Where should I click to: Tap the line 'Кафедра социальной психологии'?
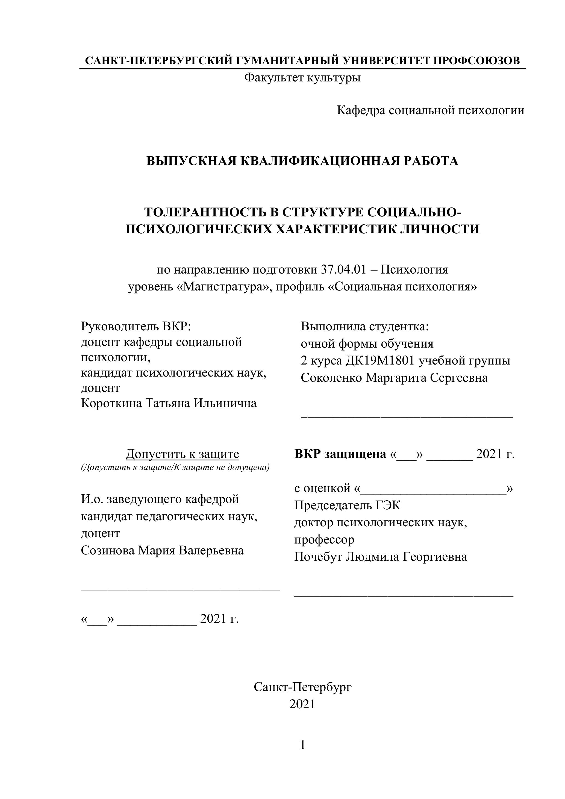430,110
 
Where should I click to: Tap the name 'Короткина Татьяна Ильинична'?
169,403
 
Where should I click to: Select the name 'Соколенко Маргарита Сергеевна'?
394,378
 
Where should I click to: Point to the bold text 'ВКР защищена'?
340,454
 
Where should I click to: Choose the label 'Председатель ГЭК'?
347,505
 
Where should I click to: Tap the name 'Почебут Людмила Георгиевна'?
381,557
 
